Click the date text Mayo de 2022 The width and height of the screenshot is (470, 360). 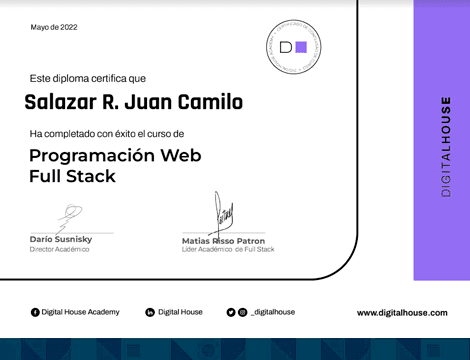point(52,29)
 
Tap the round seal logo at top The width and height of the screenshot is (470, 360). point(293,46)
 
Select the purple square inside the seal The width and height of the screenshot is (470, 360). point(301,46)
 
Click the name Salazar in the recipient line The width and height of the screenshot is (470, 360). point(60,102)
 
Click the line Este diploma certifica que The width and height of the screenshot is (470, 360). point(87,77)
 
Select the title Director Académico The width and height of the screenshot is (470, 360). point(59,249)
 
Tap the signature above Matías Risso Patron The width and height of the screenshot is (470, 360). point(223,213)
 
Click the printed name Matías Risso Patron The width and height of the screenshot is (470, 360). point(223,241)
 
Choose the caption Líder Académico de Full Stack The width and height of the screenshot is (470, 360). point(227,249)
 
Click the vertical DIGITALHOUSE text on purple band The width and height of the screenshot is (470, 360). point(446,146)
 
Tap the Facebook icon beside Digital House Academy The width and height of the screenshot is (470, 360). point(35,313)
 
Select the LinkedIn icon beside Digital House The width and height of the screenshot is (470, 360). point(150,313)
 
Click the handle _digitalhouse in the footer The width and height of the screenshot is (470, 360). point(273,313)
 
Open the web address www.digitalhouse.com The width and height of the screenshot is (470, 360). point(402,313)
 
